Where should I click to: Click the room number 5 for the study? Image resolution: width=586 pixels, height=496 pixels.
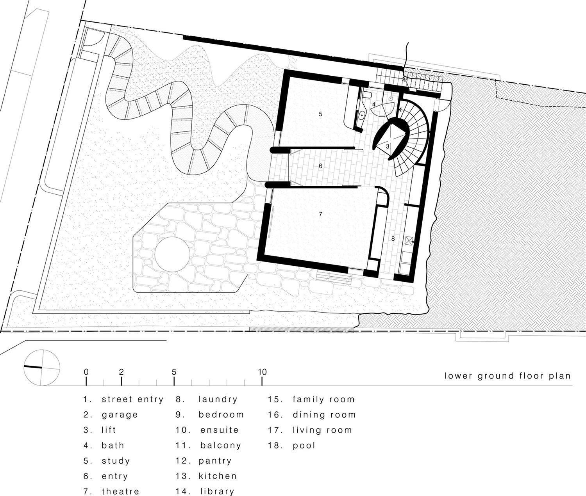pos(320,114)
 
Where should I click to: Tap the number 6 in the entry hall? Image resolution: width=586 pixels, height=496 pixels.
pos(320,166)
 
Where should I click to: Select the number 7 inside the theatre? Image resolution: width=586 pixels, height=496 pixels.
pos(320,214)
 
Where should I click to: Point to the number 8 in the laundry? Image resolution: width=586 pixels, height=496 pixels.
pos(393,238)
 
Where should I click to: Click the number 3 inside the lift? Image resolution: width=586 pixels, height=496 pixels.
pos(388,146)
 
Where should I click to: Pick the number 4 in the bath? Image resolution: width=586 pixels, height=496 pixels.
pos(374,105)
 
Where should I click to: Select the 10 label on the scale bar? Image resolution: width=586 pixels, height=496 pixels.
pos(262,372)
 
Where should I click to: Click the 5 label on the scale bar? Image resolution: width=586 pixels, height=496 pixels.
pos(174,372)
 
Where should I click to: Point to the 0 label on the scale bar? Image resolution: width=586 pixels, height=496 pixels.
pos(86,372)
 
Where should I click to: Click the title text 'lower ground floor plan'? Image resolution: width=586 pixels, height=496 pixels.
pos(507,376)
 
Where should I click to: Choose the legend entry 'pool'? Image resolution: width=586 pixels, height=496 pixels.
pos(304,445)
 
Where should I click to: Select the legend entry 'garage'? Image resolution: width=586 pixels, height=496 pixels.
pos(120,414)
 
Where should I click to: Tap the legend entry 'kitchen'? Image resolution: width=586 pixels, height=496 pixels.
pos(218,476)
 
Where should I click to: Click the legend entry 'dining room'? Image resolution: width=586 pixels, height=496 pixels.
pos(324,414)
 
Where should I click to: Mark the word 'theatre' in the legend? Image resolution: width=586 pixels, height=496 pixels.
pos(120,491)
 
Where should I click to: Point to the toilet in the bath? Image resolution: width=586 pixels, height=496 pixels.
pos(366,95)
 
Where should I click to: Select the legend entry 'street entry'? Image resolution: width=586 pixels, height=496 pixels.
pos(132,399)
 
